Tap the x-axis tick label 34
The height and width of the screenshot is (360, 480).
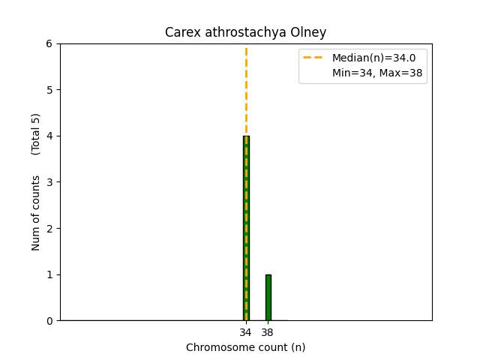tap(246, 332)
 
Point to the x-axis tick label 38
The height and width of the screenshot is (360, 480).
tap(268, 332)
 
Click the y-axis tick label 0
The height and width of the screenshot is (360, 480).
tap(49, 321)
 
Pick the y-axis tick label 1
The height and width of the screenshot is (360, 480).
tap(49, 274)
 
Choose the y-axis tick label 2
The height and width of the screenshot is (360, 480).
tap(49, 229)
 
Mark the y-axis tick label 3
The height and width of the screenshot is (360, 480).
tap(49, 182)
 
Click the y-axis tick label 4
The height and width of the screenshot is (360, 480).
tap(49, 136)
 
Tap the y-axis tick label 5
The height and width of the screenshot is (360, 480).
tap(49, 90)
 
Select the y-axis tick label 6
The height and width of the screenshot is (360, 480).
tap(49, 44)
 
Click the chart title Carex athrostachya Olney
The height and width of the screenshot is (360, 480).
tap(245, 33)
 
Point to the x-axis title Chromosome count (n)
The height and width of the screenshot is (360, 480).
tap(245, 347)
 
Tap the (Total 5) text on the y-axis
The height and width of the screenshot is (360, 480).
tap(36, 134)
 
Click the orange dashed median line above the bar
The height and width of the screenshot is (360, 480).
tap(246, 90)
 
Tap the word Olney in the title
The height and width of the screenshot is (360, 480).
tap(310, 33)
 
